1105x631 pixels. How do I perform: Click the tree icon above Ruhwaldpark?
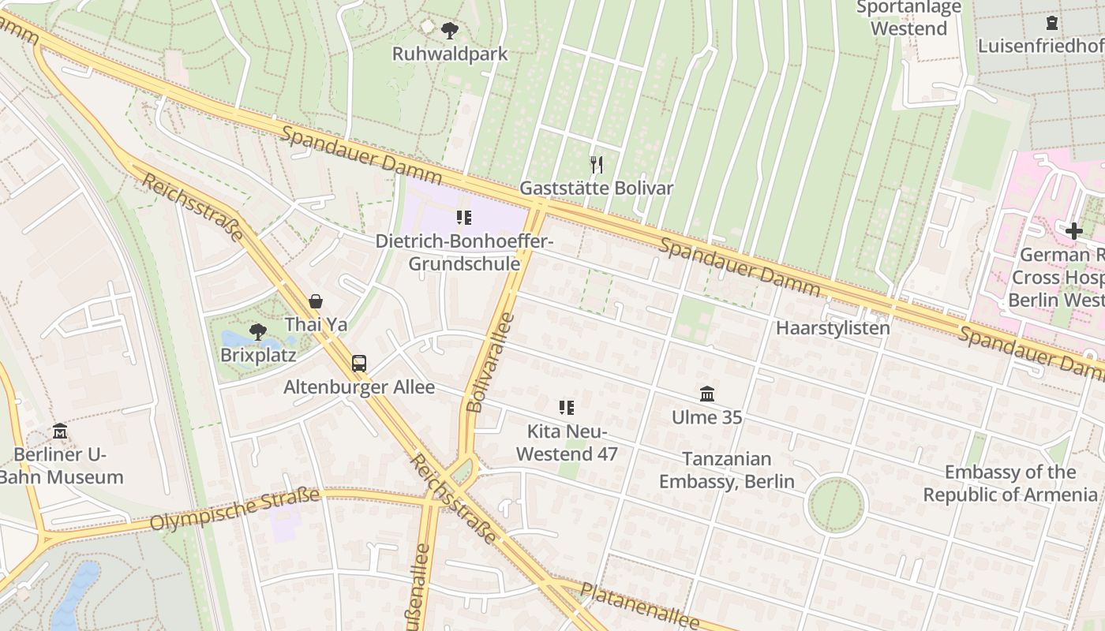coord(450,31)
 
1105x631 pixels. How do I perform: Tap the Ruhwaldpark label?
coord(450,54)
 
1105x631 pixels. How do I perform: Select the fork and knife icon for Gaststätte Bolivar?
coord(597,165)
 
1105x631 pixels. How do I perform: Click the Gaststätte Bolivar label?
coord(597,188)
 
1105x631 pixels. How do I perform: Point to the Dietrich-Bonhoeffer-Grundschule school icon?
coord(464,217)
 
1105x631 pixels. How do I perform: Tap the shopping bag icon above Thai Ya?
coord(316,301)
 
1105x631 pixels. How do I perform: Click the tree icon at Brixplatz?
coord(257,332)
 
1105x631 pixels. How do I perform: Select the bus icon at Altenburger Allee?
coord(359,364)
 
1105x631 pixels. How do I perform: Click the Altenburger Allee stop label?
coord(359,387)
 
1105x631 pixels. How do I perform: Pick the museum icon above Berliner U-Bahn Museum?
coord(60,431)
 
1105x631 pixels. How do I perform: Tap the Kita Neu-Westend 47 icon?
coord(566,408)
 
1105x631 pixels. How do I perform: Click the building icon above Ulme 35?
coord(707,394)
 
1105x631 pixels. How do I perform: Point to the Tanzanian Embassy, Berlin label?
coord(727,470)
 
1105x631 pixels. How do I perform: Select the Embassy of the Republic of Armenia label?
coord(1010,484)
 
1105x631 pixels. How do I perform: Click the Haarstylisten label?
coord(833,328)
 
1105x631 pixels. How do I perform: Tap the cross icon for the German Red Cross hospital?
coord(1073,231)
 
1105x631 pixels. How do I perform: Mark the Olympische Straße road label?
coord(234,510)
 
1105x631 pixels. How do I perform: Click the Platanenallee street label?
coord(639,605)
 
